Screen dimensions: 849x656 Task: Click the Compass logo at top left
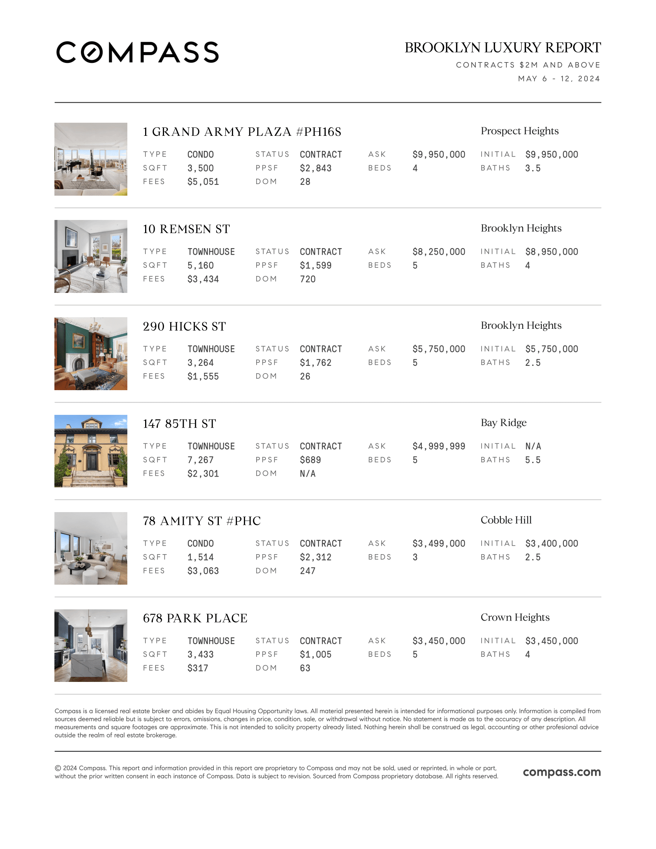137,52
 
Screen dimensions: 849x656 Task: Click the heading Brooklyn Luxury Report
502,47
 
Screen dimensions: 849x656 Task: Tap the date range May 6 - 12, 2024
558,78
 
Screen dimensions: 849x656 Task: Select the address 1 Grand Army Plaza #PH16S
242,132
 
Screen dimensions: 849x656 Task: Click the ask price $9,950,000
438,154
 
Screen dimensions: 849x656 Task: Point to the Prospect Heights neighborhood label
519,131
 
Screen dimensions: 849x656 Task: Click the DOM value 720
308,279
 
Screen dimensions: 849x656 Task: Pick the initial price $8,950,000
551,252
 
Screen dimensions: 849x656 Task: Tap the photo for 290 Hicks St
91,353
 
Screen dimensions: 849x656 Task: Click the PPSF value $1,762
315,363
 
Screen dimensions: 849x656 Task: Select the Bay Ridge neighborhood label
503,423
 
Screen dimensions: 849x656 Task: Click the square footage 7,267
200,460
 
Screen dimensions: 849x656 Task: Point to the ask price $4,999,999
438,446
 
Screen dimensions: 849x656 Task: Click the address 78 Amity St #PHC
201,521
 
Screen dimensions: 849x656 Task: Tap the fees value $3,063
203,571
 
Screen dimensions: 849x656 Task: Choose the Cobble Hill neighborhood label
506,520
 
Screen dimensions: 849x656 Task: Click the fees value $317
198,668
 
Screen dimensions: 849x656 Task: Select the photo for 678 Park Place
91,645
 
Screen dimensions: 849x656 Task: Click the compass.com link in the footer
561,772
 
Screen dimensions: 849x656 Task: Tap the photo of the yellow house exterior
91,451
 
